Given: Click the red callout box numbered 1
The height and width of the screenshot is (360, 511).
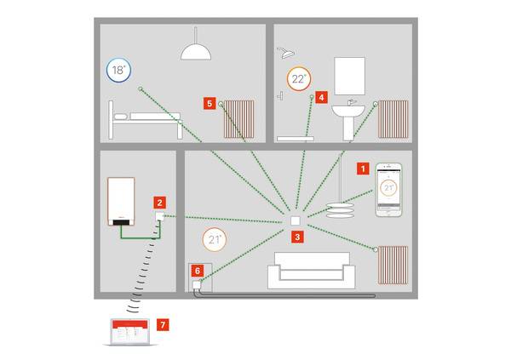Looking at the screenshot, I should [362, 169].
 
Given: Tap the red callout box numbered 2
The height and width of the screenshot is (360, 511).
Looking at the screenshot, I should [158, 202].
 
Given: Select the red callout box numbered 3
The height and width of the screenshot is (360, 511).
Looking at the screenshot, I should [296, 237].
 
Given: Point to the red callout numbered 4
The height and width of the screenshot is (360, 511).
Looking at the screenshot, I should [321, 98].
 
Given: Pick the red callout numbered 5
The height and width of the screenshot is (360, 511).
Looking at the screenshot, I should [210, 103].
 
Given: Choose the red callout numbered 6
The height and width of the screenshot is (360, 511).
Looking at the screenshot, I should [197, 271].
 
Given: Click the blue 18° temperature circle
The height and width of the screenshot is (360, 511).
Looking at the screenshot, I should [118, 71].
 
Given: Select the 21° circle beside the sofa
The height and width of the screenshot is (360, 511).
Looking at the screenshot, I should [215, 239].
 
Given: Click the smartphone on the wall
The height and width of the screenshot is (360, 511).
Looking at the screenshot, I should [388, 188].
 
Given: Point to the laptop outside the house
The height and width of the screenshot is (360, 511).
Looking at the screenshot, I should [127, 332].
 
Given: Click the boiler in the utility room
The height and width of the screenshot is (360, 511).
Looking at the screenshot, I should [122, 202].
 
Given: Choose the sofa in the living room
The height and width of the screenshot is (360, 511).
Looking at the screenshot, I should [311, 271].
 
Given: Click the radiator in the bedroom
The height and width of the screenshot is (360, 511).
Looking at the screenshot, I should [239, 119].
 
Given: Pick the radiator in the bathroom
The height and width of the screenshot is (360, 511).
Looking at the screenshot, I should [393, 119].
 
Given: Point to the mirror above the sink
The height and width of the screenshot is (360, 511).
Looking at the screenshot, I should [349, 76].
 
